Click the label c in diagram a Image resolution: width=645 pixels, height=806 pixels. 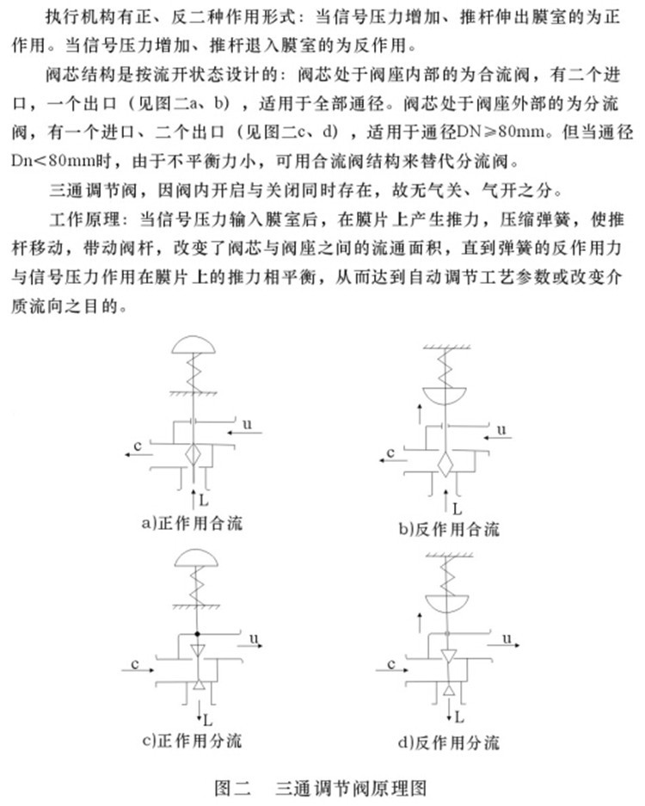(x=138, y=444)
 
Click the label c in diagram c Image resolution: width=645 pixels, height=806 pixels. (x=136, y=662)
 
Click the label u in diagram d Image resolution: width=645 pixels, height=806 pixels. (x=508, y=637)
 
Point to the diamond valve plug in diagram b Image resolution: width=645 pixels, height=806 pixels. (x=445, y=467)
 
